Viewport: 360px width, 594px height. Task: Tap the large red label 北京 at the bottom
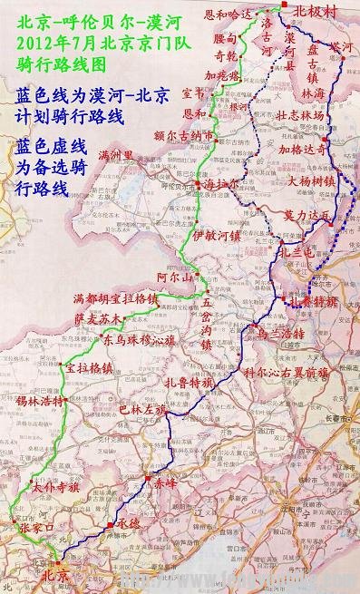[x=49, y=574]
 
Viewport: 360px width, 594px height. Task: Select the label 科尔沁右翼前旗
[x=286, y=373]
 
